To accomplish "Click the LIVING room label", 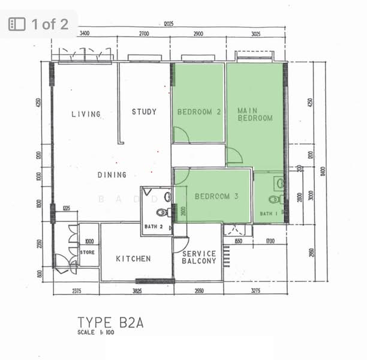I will (x=86, y=114).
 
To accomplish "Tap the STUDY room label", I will (x=144, y=112).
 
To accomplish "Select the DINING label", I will (x=112, y=175).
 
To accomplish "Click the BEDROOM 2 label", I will (x=199, y=112).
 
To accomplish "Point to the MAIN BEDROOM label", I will (x=254, y=115).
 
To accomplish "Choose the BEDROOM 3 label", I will (x=216, y=196).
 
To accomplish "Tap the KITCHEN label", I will (x=133, y=259).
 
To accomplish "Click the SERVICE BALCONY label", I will (x=198, y=258).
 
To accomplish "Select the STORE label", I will (x=88, y=253).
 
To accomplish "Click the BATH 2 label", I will (x=154, y=227).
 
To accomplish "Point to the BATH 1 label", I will (x=268, y=214).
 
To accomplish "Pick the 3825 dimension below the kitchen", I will (x=137, y=291).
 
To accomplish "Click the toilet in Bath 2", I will (x=163, y=212).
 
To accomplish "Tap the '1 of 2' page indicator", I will (x=39, y=24).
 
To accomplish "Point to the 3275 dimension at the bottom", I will (x=255, y=291).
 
